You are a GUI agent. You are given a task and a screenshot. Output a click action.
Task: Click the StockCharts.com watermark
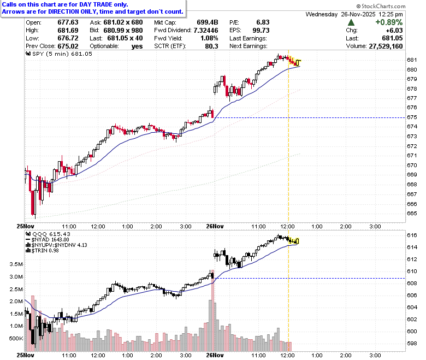[x=381, y=6]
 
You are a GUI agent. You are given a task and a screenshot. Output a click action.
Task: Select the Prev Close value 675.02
[x=68, y=46]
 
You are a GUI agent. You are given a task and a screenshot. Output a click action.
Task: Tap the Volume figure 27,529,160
[x=386, y=46]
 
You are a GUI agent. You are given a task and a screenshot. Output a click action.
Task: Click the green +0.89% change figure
[x=389, y=22]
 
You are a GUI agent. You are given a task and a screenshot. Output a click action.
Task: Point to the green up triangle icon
[x=351, y=22]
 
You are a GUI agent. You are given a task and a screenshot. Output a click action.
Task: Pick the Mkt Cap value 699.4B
[x=208, y=22]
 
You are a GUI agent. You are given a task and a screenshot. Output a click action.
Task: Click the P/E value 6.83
[x=263, y=22]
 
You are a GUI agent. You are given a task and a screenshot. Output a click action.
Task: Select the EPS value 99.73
[x=261, y=31]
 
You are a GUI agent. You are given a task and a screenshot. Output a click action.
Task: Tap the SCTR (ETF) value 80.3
[x=211, y=46]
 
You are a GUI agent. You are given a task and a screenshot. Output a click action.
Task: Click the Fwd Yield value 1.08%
[x=209, y=38]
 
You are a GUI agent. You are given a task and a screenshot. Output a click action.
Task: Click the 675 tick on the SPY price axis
[x=412, y=117]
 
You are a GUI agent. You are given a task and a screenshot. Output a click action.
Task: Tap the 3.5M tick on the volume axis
[x=16, y=264]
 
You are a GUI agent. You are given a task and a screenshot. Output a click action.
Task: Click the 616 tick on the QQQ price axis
[x=412, y=235]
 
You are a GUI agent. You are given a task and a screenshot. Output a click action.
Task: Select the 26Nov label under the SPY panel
[x=215, y=226]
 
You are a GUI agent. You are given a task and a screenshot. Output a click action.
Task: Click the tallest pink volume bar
[x=213, y=310]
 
